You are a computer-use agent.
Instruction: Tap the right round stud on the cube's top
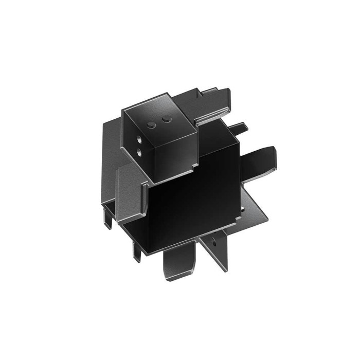[166, 120]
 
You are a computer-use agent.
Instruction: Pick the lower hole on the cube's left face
[140, 151]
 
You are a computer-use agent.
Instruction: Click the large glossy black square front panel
[190, 206]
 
